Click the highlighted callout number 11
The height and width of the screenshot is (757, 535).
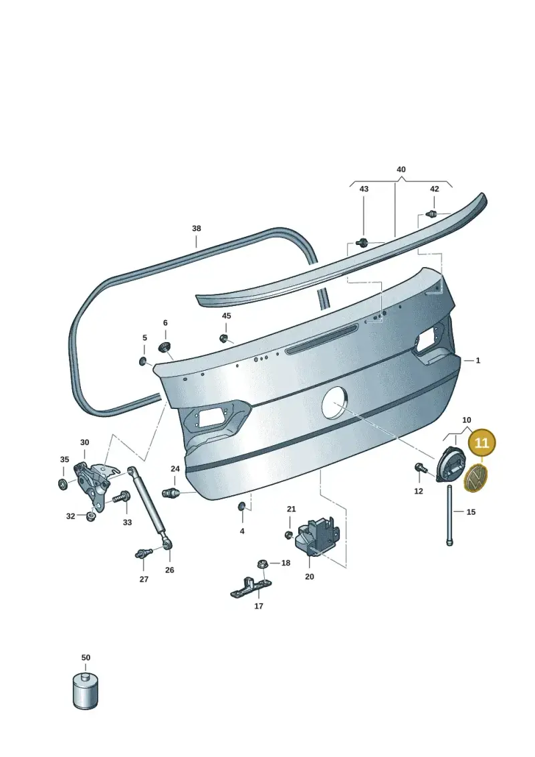[481, 442]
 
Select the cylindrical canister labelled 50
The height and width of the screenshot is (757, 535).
[86, 690]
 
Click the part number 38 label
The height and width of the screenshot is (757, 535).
[197, 228]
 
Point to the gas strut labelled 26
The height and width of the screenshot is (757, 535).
[149, 507]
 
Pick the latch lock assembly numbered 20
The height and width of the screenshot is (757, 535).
[317, 537]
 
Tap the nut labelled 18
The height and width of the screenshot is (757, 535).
[263, 564]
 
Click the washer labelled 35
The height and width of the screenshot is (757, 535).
[63, 484]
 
